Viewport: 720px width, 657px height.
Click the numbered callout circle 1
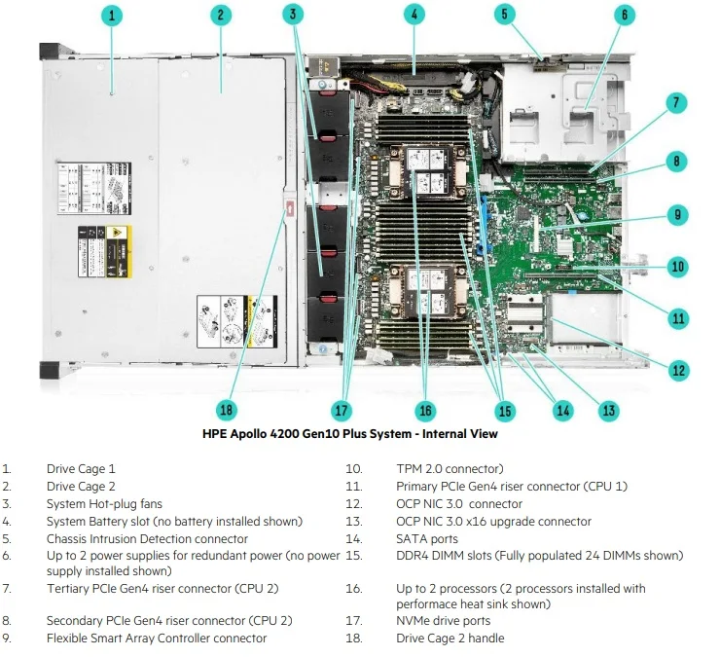(113, 15)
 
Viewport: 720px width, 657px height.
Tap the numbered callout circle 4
(414, 15)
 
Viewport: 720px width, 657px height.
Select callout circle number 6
(625, 15)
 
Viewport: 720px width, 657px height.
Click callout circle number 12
(678, 370)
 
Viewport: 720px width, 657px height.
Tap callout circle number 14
(562, 410)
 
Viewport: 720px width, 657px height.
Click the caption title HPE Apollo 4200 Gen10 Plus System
(349, 434)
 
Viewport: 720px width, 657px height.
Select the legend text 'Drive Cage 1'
(81, 469)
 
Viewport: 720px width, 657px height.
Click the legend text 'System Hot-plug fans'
(104, 504)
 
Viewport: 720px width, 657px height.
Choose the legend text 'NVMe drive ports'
(443, 621)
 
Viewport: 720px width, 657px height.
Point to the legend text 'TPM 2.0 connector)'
(450, 469)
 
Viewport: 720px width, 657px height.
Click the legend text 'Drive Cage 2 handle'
(450, 639)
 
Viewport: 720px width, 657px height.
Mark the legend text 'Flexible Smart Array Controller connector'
(156, 639)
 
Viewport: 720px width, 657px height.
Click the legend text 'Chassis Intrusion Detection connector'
(147, 539)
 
